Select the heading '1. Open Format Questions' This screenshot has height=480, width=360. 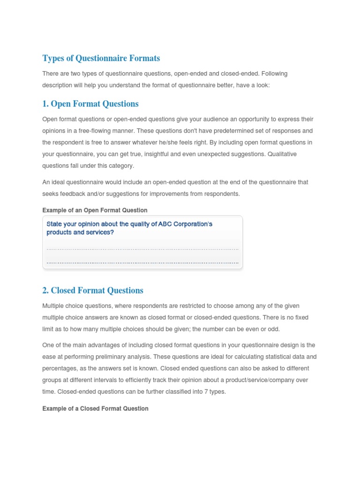pos(90,104)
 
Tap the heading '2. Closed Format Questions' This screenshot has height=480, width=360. pos(93,290)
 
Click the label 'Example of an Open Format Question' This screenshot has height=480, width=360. pos(95,210)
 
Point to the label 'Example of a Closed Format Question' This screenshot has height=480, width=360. pos(95,409)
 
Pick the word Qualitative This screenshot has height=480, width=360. pos(282,154)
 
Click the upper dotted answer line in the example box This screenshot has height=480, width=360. pos(142,249)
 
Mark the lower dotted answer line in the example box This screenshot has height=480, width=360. pos(142,262)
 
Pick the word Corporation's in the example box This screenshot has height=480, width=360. pos(194,224)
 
